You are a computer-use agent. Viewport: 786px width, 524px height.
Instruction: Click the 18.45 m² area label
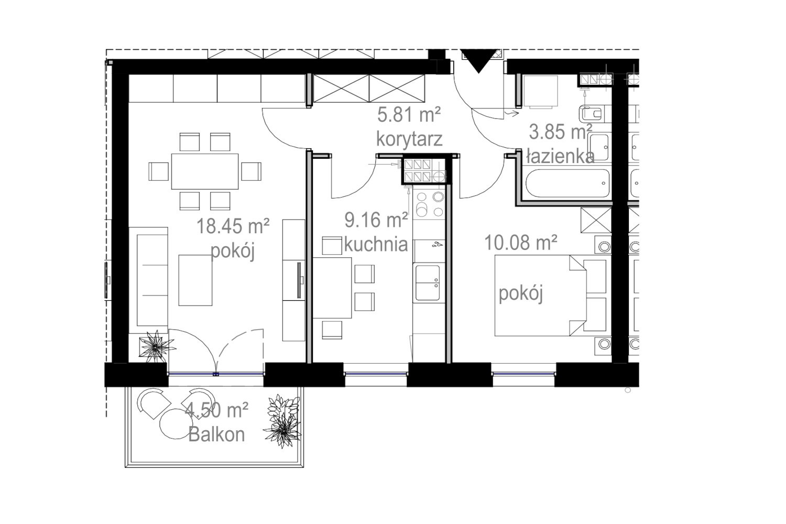point(233,226)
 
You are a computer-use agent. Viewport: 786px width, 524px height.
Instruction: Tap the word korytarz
point(409,139)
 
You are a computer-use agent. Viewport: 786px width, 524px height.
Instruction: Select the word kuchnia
point(376,244)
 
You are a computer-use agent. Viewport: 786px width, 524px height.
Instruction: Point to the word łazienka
point(560,157)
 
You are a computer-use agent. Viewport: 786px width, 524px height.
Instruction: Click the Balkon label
point(216,434)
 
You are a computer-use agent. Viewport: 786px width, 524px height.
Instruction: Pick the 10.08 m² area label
point(521,243)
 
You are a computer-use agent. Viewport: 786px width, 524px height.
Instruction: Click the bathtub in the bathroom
point(567,183)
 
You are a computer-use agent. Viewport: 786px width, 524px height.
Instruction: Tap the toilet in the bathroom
point(591,114)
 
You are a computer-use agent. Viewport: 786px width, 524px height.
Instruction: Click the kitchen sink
point(428,283)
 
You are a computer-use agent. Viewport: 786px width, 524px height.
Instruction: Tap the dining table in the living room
point(205,171)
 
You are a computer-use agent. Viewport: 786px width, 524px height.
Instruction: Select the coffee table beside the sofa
point(195,280)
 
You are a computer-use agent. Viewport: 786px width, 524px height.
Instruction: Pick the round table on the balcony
point(176,423)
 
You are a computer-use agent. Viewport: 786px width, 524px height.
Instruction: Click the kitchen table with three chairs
point(332,288)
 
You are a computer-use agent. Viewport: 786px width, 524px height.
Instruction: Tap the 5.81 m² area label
point(409,115)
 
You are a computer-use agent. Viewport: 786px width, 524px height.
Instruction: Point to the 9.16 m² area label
point(376,220)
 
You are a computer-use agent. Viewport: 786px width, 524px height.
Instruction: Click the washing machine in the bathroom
point(540,91)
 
